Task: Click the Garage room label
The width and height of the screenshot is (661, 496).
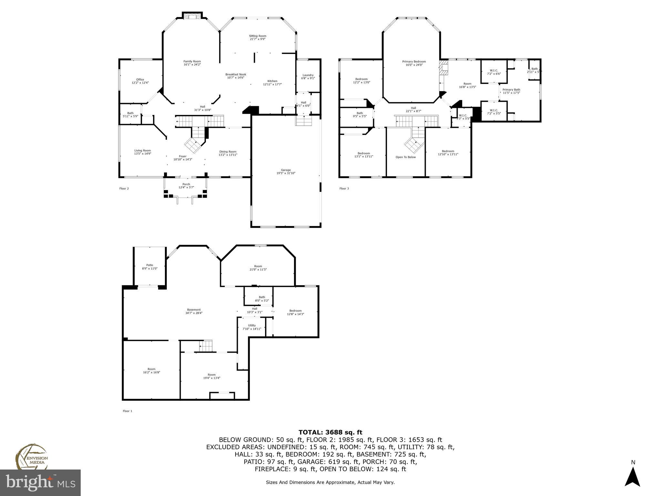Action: click(286, 170)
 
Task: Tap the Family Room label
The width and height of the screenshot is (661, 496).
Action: click(192, 61)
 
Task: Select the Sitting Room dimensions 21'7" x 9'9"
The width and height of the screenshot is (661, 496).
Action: click(258, 39)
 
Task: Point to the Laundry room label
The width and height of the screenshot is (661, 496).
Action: click(308, 75)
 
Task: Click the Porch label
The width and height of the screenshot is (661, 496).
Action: click(186, 184)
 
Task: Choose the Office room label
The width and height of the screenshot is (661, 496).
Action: click(140, 79)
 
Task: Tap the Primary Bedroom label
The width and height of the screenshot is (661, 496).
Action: click(414, 61)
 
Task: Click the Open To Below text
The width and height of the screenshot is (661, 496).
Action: click(406, 157)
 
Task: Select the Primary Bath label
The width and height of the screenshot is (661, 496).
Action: click(511, 89)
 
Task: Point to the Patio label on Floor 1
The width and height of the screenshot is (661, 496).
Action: click(149, 265)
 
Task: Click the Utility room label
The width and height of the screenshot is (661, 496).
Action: click(252, 325)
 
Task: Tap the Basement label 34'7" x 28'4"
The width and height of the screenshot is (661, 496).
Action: click(194, 311)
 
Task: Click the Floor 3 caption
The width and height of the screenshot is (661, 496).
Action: click(344, 189)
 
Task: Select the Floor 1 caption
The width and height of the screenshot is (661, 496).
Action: click(127, 411)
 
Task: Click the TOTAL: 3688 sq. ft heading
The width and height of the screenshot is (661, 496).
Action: click(330, 432)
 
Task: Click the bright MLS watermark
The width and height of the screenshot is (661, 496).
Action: click(40, 483)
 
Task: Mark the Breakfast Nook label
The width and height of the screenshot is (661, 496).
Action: click(236, 74)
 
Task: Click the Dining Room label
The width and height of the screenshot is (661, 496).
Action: click(228, 151)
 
